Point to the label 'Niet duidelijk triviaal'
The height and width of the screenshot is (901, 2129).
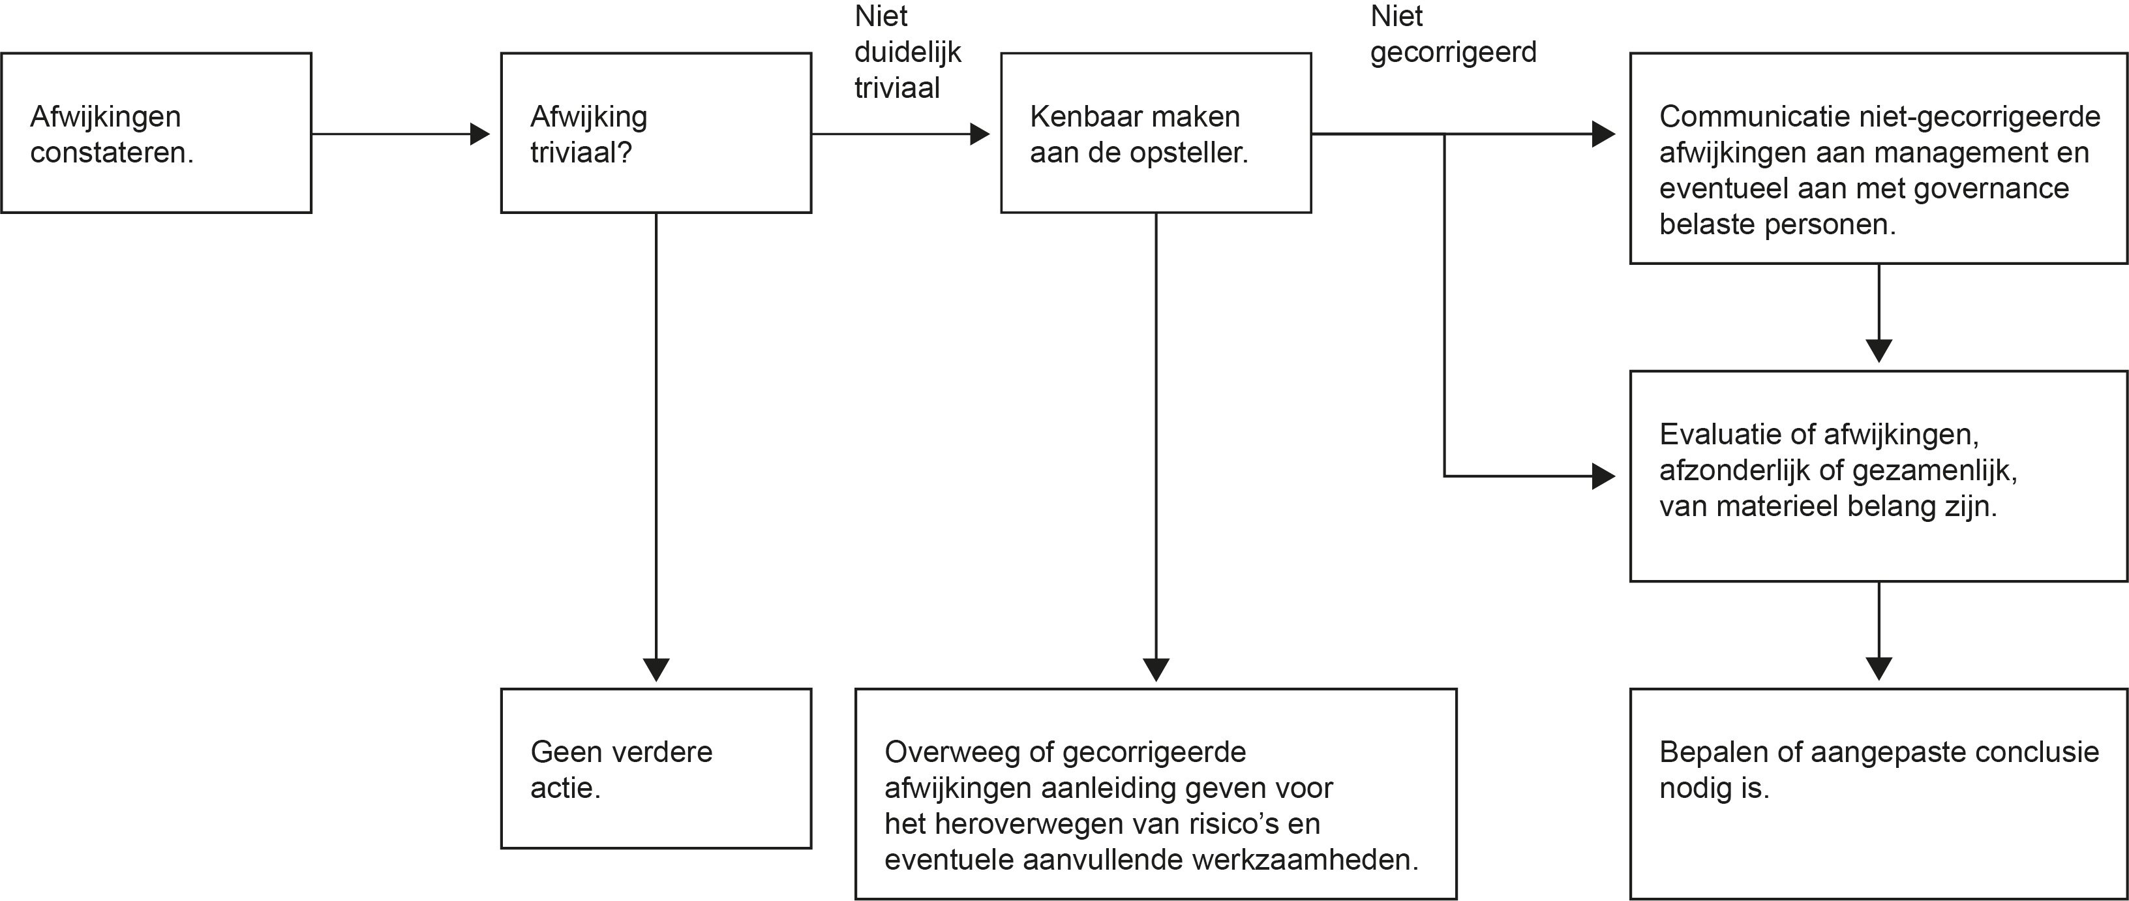click(907, 52)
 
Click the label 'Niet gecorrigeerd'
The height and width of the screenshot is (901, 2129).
click(1453, 34)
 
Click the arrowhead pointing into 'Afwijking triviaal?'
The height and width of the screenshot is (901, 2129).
click(480, 133)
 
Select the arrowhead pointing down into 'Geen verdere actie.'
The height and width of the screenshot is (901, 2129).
click(656, 669)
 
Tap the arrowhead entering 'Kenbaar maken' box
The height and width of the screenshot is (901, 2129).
click(980, 133)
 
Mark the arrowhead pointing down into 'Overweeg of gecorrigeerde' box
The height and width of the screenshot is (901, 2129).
click(1156, 669)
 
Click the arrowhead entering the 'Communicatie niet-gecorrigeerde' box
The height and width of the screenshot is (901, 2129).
click(1604, 133)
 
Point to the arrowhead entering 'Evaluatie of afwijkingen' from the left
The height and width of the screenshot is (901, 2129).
click(1604, 476)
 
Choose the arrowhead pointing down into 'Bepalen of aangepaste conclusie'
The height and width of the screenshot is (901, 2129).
click(1879, 669)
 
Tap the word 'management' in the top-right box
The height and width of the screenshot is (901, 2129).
click(1931, 153)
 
